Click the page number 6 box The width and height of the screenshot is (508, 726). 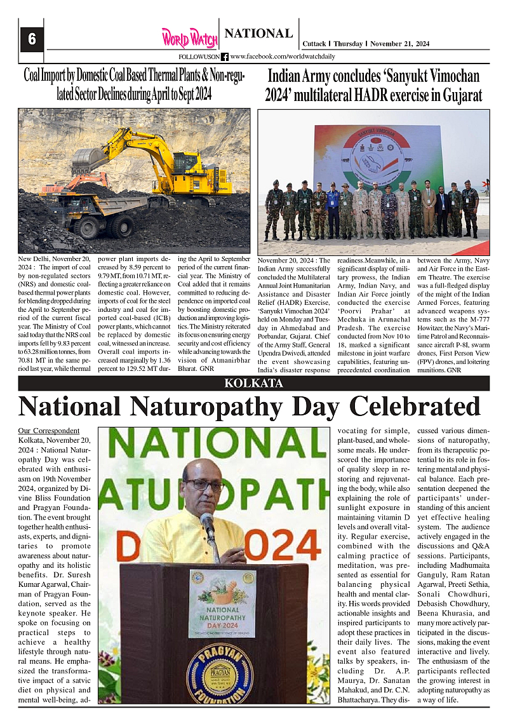(x=31, y=39)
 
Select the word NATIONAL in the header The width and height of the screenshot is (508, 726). (x=258, y=34)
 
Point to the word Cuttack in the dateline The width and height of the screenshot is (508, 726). (x=312, y=44)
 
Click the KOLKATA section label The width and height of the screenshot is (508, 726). (x=253, y=383)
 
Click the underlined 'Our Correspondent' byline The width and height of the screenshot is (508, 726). (x=49, y=431)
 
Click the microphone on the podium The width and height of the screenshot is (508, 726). (x=208, y=527)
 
